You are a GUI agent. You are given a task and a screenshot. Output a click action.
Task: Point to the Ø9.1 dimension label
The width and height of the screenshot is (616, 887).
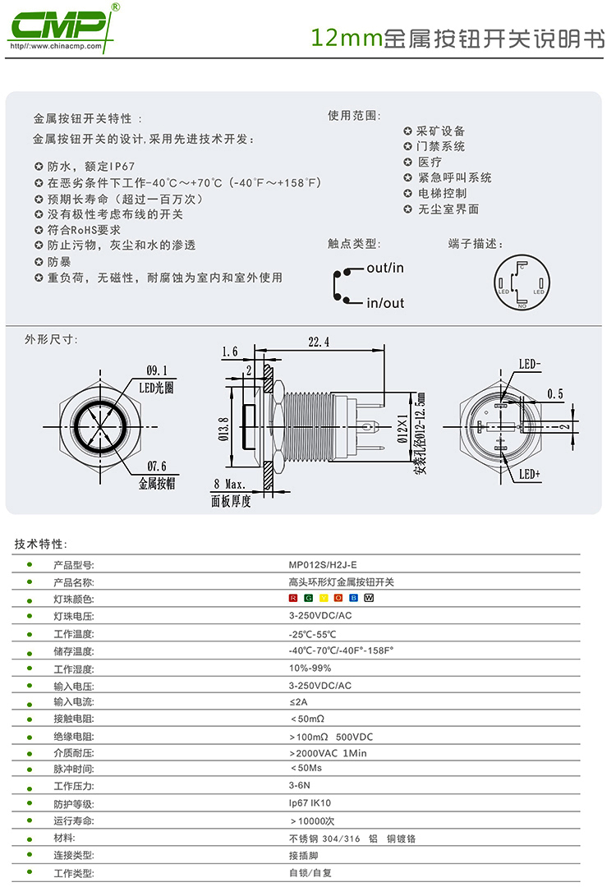(x=156, y=370)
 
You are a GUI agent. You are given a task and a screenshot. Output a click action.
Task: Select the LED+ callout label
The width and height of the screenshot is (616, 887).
(x=530, y=475)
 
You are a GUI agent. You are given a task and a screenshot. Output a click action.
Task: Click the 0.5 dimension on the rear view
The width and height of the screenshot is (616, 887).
(x=555, y=394)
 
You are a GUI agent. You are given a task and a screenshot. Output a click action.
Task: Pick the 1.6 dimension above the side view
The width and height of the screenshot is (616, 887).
(x=229, y=352)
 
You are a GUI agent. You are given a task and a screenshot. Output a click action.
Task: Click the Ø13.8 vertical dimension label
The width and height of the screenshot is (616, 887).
(x=223, y=428)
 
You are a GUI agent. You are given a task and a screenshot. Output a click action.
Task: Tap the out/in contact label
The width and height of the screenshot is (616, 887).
(x=385, y=268)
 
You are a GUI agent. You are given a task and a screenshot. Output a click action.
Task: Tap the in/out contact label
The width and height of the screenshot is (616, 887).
(x=385, y=303)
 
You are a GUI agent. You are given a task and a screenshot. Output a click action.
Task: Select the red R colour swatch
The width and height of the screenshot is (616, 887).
(x=293, y=598)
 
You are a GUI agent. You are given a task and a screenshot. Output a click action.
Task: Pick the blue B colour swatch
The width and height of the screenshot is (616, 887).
(x=353, y=598)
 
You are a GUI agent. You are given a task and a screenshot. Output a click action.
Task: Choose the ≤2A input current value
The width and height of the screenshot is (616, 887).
(x=298, y=701)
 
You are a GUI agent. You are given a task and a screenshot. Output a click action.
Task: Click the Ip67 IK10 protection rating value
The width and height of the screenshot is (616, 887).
(x=310, y=803)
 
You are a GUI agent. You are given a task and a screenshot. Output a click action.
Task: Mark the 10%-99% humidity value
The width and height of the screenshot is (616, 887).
(x=310, y=668)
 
